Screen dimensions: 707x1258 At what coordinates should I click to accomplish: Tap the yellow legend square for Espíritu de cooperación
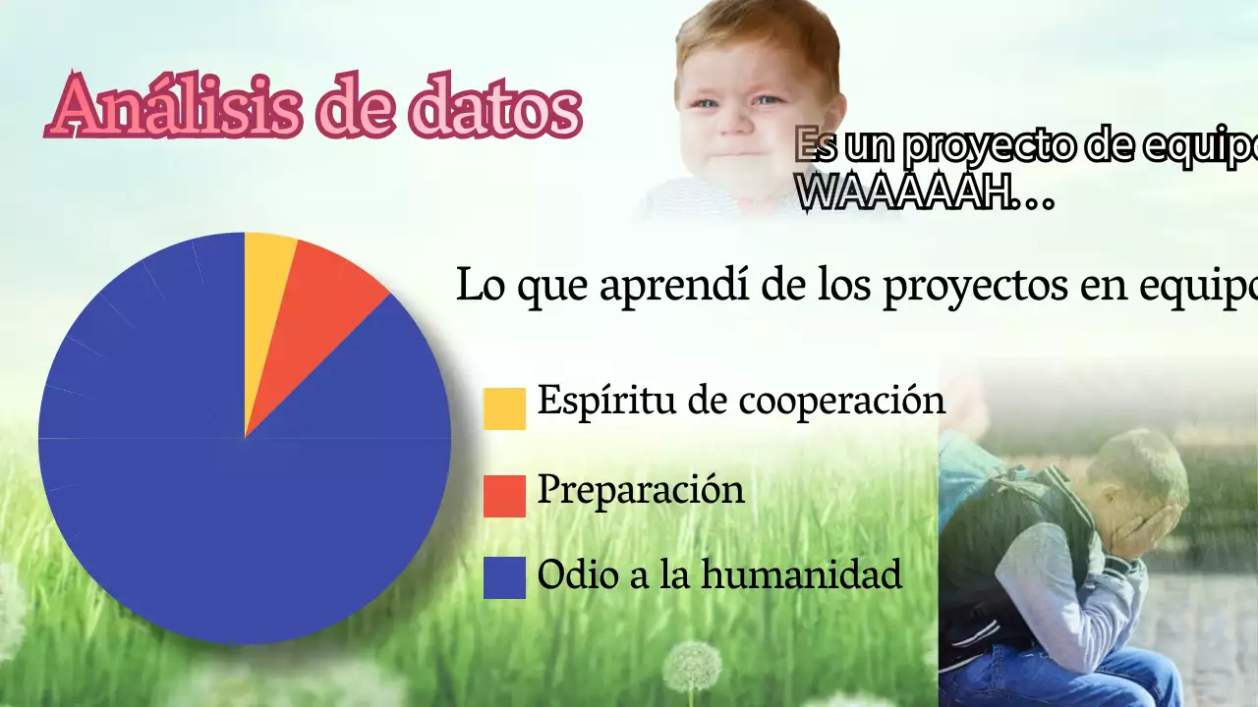[504, 408]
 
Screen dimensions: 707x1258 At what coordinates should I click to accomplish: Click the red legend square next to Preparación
[504, 495]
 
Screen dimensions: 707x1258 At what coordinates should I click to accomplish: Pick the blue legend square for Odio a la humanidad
[504, 577]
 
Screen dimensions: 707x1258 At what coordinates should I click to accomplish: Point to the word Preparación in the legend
[640, 489]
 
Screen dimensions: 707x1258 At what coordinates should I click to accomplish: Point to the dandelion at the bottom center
[691, 668]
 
